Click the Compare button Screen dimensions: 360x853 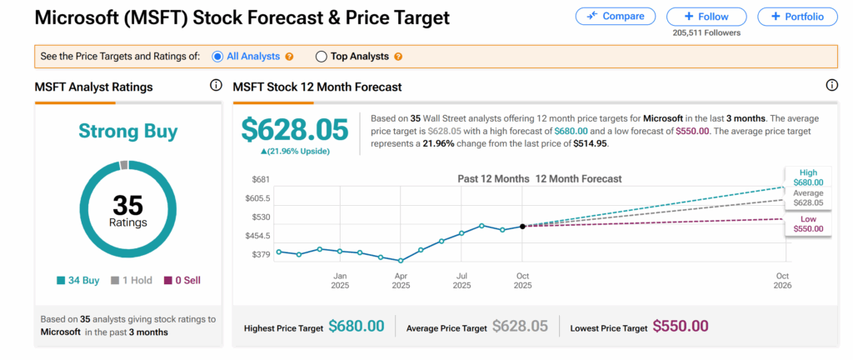614,17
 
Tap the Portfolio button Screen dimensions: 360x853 797,17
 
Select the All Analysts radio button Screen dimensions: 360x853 218,57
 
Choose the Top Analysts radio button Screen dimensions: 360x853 322,57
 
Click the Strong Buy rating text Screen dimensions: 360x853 127,131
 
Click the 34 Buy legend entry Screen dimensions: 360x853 77,280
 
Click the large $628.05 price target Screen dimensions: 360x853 296,130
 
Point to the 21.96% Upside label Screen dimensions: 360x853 296,151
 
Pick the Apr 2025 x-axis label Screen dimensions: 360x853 401,280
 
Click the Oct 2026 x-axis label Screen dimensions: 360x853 783,280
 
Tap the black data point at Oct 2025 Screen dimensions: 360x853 522,226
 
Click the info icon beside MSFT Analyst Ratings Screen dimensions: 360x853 216,86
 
